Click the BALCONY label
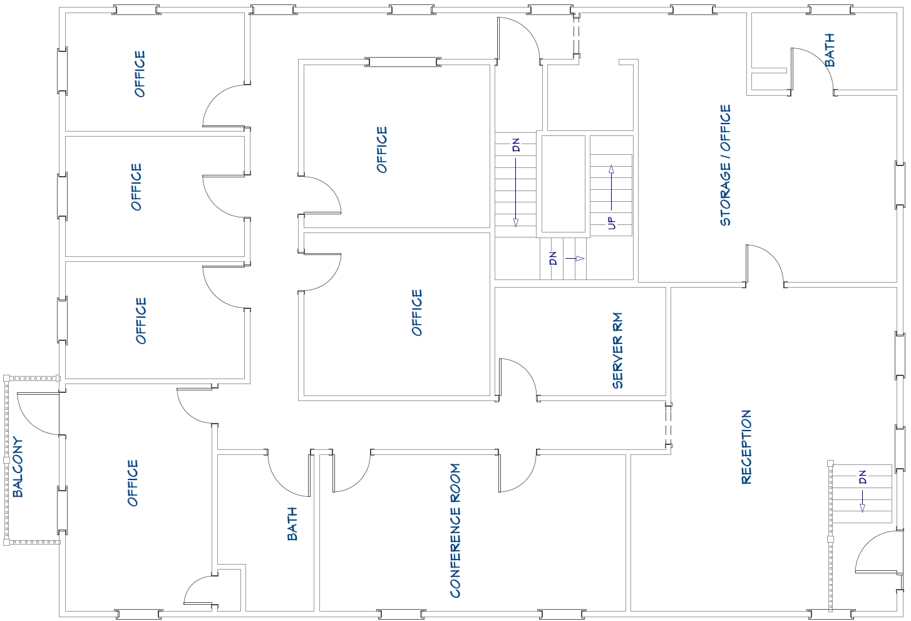pos(18,467)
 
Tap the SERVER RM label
pos(617,350)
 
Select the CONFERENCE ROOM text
pos(455,531)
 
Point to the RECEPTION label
pos(746,447)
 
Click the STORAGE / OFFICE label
pos(725,165)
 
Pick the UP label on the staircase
pos(611,223)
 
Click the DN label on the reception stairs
pos(862,477)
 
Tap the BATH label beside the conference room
pos(292,524)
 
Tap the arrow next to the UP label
pos(611,187)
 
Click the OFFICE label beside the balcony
pos(133,483)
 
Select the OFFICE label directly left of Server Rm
pos(417,313)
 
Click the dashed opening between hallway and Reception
pos(668,425)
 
